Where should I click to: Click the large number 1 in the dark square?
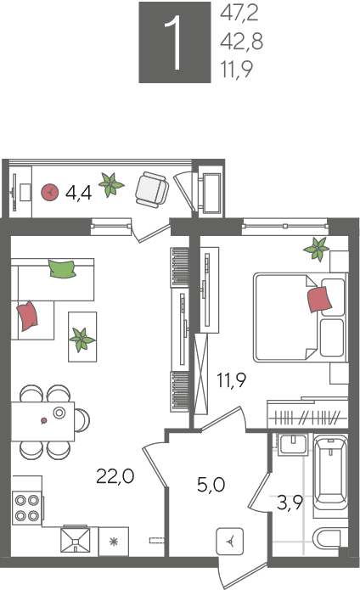[174, 43]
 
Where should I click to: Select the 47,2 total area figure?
[239, 14]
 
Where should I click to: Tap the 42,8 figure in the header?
[241, 41]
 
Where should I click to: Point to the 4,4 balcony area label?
[78, 194]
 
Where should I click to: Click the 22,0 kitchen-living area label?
[115, 476]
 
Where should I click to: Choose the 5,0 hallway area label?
[211, 485]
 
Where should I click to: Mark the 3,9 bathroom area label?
[290, 503]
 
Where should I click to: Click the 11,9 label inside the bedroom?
[231, 379]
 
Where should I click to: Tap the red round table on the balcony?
[50, 192]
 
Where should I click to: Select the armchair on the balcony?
[152, 189]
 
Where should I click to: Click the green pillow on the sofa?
[62, 268]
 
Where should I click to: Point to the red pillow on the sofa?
[27, 315]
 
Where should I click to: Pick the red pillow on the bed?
[320, 299]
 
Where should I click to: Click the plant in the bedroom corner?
[317, 249]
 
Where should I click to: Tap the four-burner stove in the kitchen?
[26, 508]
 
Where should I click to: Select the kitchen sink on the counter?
[76, 540]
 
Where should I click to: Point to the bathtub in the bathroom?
[330, 473]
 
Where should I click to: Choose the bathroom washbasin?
[294, 444]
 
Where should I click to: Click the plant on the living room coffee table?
[82, 340]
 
